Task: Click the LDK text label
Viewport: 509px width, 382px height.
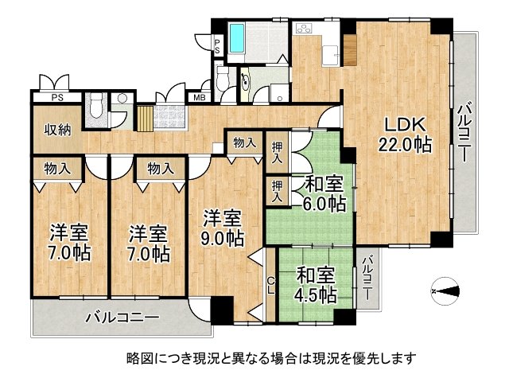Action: pos(407,125)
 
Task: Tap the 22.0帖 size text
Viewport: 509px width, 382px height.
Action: pos(405,147)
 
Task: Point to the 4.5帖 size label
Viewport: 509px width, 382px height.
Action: pos(316,294)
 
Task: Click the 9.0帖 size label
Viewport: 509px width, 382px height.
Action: pos(222,236)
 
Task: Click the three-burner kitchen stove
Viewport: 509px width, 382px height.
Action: pos(306,29)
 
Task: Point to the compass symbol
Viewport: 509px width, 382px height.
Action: pos(445,291)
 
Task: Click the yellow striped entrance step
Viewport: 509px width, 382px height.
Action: pos(144,119)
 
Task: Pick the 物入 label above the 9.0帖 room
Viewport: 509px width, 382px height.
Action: pos(244,143)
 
